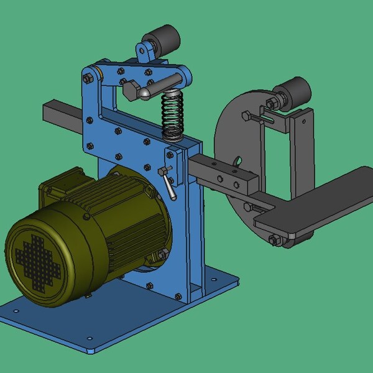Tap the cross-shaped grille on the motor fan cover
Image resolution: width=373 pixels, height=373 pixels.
[37, 260]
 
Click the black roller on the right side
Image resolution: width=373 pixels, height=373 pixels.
[295, 94]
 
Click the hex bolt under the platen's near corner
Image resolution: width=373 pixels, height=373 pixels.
[274, 239]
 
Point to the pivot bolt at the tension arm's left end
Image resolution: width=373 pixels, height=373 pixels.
[88, 78]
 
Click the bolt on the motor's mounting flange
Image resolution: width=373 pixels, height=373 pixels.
[161, 254]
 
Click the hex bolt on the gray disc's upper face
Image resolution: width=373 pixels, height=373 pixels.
[247, 116]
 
